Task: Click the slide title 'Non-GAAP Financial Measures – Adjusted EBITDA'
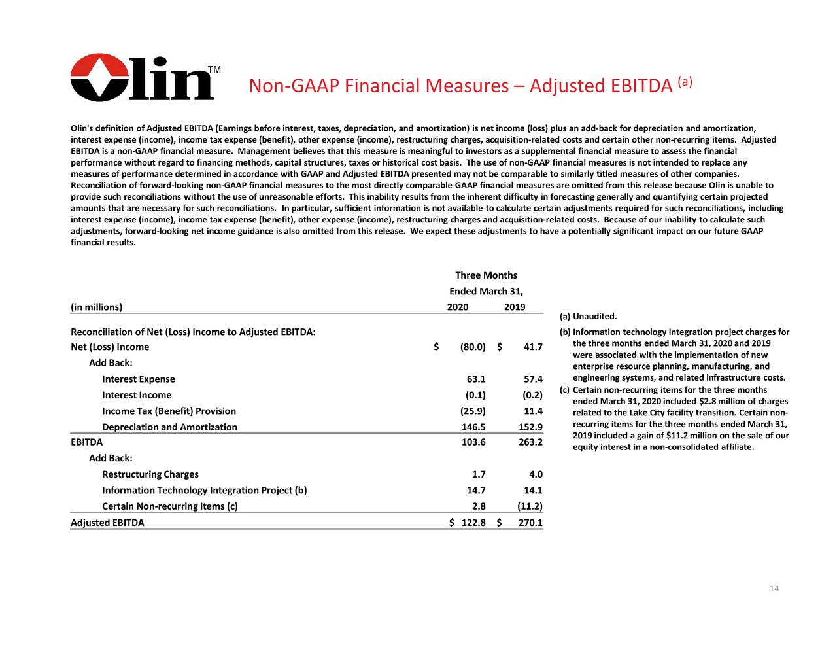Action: pyautogui.click(x=460, y=86)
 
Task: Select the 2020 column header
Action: pyautogui.click(x=457, y=307)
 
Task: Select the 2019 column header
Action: pyautogui.click(x=515, y=307)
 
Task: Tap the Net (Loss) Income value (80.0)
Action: pyautogui.click(x=472, y=347)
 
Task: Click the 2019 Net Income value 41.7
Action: pyautogui.click(x=532, y=347)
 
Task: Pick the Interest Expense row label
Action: pyautogui.click(x=139, y=379)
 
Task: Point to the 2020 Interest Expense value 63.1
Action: pyautogui.click(x=475, y=379)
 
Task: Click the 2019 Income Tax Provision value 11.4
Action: pyautogui.click(x=533, y=411)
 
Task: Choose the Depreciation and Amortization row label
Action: pyautogui.click(x=169, y=427)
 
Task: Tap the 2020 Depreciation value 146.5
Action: pyautogui.click(x=473, y=427)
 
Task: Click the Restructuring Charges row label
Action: pyautogui.click(x=150, y=474)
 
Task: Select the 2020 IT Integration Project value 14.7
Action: pyautogui.click(x=475, y=491)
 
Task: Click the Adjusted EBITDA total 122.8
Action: pyautogui.click(x=473, y=523)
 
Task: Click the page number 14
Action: pyautogui.click(x=774, y=589)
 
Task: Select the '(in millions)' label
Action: pyautogui.click(x=96, y=307)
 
